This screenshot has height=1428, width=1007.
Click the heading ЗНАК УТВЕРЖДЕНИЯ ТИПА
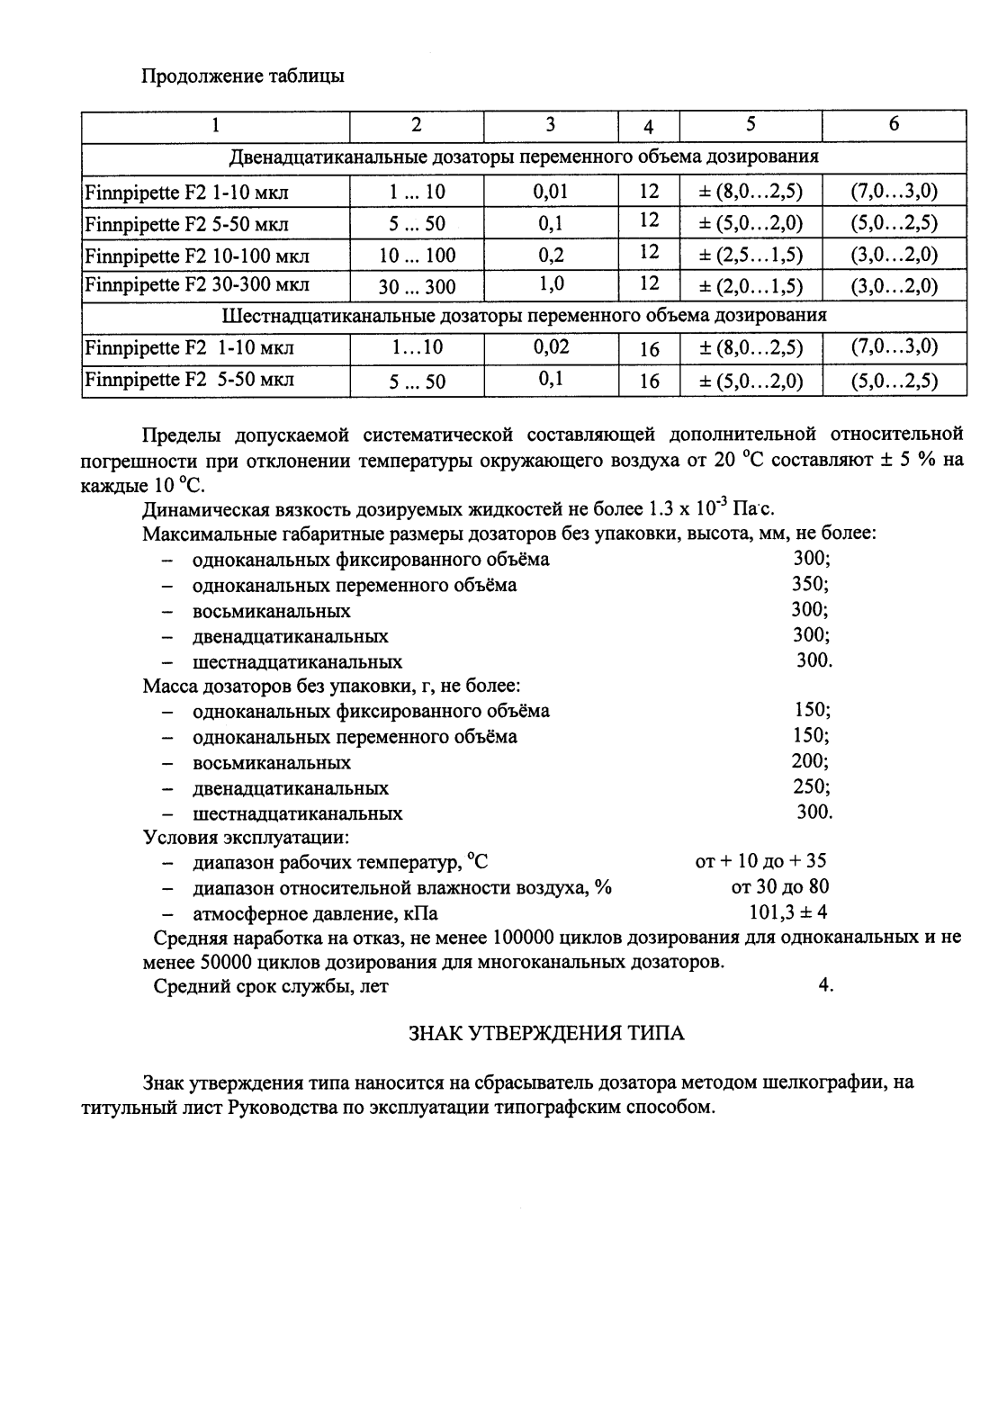pyautogui.click(x=546, y=1033)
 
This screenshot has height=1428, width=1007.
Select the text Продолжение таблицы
pyautogui.click(x=243, y=76)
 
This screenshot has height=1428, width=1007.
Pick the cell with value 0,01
pyautogui.click(x=550, y=191)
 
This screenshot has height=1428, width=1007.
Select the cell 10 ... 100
pyautogui.click(x=417, y=256)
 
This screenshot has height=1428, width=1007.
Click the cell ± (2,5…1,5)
pyautogui.click(x=751, y=255)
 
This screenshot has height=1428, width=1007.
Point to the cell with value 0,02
pyautogui.click(x=550, y=346)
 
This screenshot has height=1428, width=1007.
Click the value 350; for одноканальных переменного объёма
pyautogui.click(x=810, y=584)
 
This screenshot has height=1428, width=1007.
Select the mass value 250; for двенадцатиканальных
pyautogui.click(x=811, y=786)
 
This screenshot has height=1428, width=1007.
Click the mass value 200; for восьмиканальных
pyautogui.click(x=810, y=761)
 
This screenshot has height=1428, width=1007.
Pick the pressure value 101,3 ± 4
pyautogui.click(x=788, y=912)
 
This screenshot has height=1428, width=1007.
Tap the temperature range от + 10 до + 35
pyautogui.click(x=760, y=861)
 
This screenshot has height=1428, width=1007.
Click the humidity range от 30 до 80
pyautogui.click(x=780, y=887)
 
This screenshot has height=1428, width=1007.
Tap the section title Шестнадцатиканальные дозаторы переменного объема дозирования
pyautogui.click(x=524, y=316)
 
